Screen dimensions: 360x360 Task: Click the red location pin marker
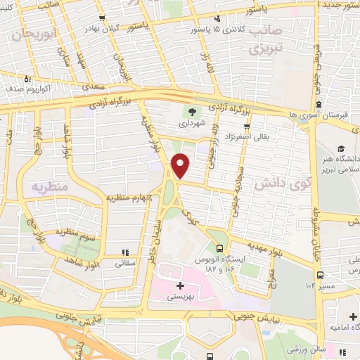[x=181, y=165]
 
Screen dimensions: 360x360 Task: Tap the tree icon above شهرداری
[x=191, y=110]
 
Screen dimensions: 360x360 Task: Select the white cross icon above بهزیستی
[x=181, y=285]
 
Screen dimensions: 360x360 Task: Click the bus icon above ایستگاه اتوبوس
[x=220, y=247]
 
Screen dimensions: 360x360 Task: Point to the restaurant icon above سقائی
[x=126, y=252]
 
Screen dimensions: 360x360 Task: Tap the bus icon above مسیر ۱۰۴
[x=320, y=275]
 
